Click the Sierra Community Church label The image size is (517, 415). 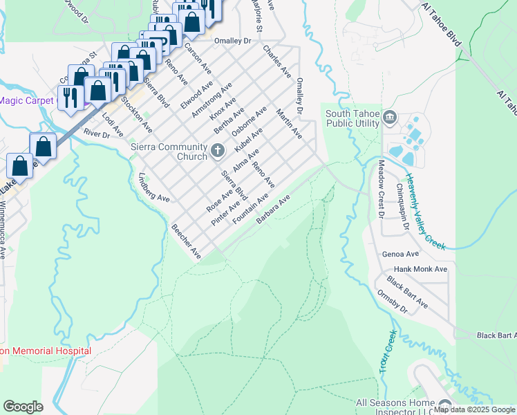(x=169, y=151)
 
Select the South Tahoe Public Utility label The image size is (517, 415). (x=352, y=118)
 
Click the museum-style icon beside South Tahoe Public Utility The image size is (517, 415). (x=389, y=118)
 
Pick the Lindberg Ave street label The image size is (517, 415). (x=154, y=188)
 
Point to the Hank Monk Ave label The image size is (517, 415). (x=420, y=268)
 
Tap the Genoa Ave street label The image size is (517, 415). (x=400, y=254)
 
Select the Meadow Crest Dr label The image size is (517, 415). (x=380, y=189)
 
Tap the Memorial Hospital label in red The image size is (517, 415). (x=46, y=351)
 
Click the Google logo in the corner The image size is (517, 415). (x=23, y=406)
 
